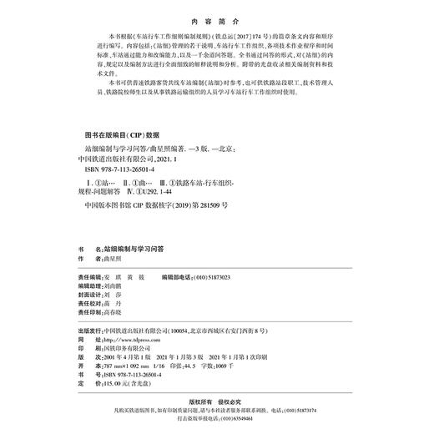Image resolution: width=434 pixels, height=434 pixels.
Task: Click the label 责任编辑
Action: click(x=88, y=275)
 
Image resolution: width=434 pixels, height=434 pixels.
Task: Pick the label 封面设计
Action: click(x=88, y=295)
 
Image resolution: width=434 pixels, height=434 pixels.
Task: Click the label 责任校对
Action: click(x=88, y=305)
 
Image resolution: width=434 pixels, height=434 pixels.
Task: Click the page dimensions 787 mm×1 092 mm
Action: click(x=129, y=370)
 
